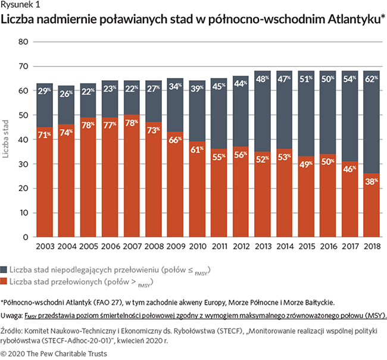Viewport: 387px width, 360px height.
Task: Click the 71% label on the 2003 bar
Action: point(46,135)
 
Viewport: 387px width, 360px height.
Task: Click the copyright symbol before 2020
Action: point(4,353)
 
